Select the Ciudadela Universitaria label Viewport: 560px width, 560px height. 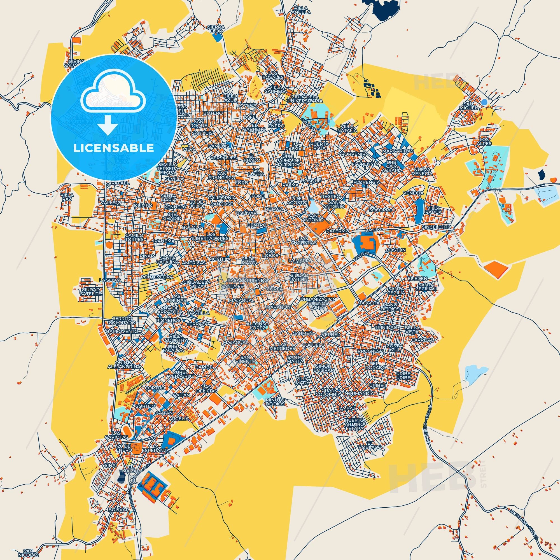click(305, 98)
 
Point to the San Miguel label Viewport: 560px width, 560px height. click(470, 106)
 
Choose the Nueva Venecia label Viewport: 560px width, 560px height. click(423, 171)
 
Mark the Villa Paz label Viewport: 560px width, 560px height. click(67, 197)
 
